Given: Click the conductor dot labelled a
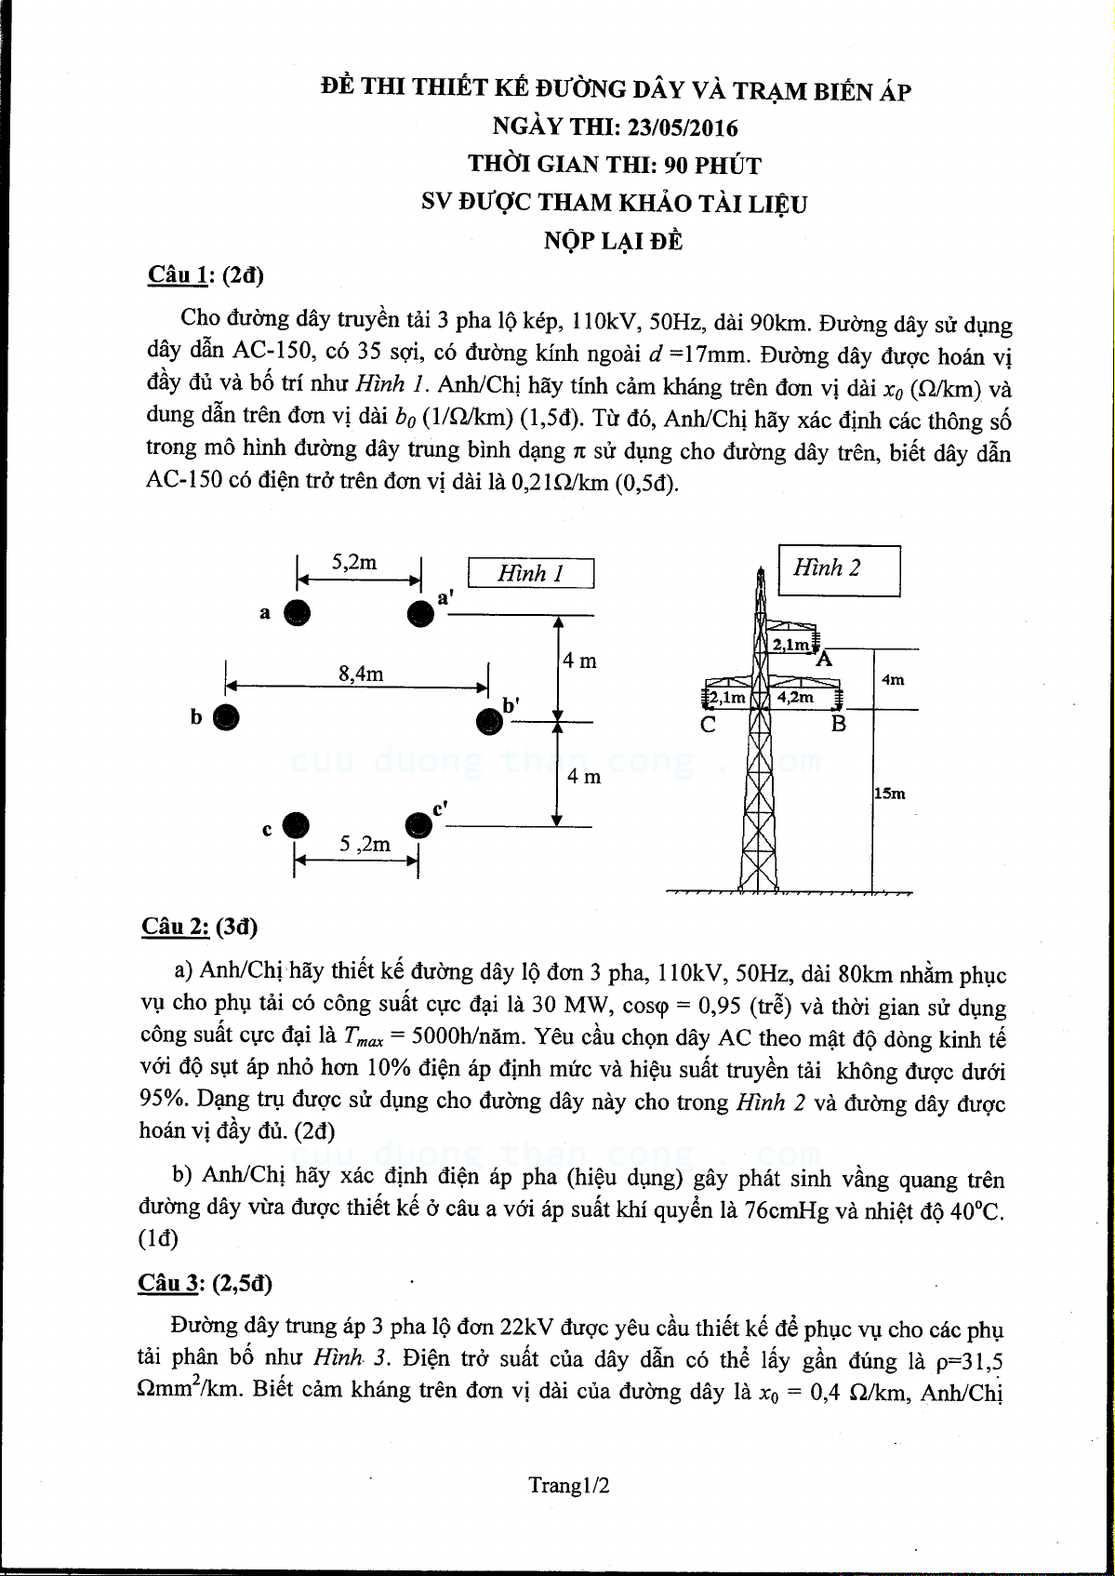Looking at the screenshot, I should click(297, 612).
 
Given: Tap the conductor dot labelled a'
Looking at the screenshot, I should click(420, 613).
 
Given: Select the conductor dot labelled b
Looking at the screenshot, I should click(226, 716).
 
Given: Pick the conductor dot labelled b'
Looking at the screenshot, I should click(488, 721).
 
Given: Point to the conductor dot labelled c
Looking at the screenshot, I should click(295, 825).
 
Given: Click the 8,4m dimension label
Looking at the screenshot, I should click(361, 674).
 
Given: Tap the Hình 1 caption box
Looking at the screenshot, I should click(531, 573).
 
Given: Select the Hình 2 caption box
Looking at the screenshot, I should click(839, 568).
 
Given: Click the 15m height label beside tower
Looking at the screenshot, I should click(890, 794).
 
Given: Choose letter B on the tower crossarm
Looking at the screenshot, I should click(839, 724).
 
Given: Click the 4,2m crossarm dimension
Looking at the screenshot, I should click(795, 696).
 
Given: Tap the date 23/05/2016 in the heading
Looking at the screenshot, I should click(682, 127).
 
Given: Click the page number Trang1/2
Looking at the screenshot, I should click(569, 1486).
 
